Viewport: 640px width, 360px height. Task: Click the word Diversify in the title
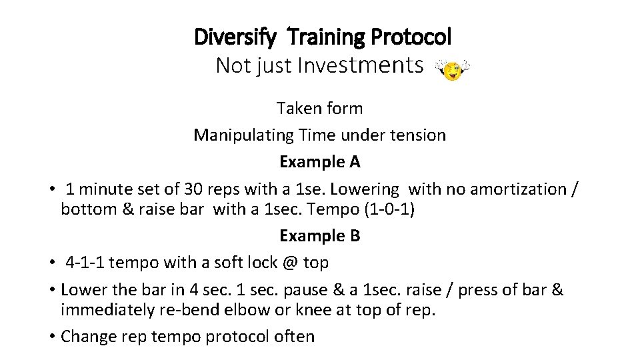pos(234,37)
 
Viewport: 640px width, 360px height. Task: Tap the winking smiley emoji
pos(453,69)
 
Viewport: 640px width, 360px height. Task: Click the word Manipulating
pos(243,135)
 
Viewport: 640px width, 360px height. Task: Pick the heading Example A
pos(320,162)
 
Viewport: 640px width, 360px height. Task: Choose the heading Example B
pos(320,236)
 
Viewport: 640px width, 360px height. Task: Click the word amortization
pos(519,189)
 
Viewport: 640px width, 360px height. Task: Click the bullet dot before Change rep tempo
pos(52,337)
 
